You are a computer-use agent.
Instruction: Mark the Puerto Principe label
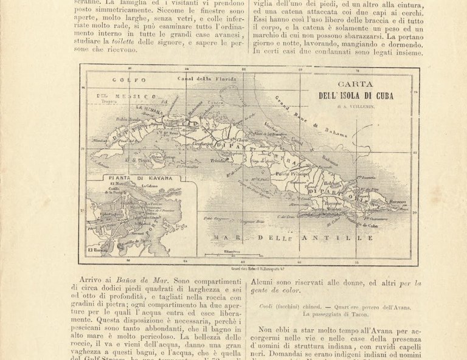point(294,174)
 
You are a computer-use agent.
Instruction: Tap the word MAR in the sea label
point(220,238)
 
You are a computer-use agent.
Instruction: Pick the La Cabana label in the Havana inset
point(151,186)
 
